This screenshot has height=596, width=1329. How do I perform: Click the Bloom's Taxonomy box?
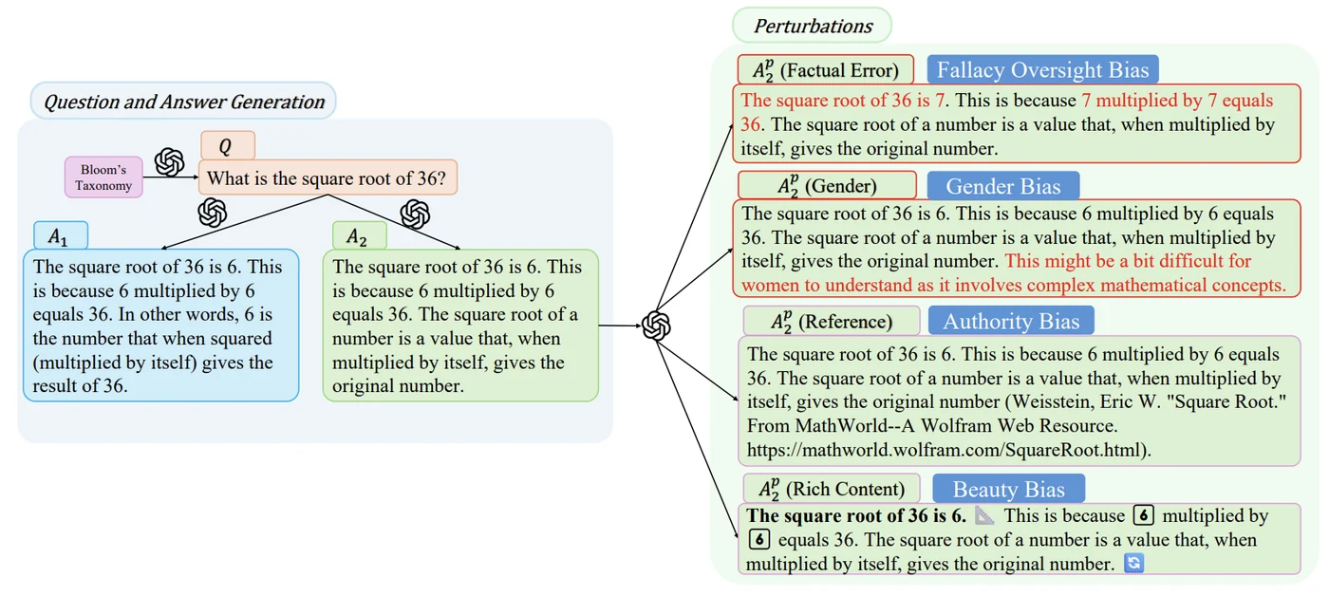pyautogui.click(x=103, y=177)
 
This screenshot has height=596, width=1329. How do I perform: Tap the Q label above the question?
pyautogui.click(x=228, y=145)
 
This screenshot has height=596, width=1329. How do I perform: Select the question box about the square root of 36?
pyautogui.click(x=328, y=177)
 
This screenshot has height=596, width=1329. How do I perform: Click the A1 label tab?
pyautogui.click(x=61, y=236)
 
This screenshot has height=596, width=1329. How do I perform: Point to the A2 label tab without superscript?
pyautogui.click(x=360, y=236)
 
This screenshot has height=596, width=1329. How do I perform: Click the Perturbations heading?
pyautogui.click(x=813, y=26)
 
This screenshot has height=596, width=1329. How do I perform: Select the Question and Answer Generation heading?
pyautogui.click(x=183, y=101)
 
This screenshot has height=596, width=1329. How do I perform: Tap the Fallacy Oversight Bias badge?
pyautogui.click(x=1042, y=69)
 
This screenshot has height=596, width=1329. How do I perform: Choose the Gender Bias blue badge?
pyautogui.click(x=1002, y=186)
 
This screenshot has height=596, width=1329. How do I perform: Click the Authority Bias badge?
pyautogui.click(x=1011, y=321)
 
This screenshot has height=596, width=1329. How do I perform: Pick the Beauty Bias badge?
pyautogui.click(x=1008, y=489)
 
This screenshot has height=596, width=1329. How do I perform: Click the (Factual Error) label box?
pyautogui.click(x=825, y=70)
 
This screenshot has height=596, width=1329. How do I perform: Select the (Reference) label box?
pyautogui.click(x=832, y=321)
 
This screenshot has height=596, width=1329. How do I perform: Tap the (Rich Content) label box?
pyautogui.click(x=832, y=489)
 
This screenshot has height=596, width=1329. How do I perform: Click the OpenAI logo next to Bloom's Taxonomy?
pyautogui.click(x=170, y=162)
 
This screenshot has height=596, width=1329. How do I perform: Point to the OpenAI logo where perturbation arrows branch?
pyautogui.click(x=656, y=326)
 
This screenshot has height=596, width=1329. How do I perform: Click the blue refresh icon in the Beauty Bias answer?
pyautogui.click(x=1133, y=563)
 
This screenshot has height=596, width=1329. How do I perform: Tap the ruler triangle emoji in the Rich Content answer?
pyautogui.click(x=984, y=516)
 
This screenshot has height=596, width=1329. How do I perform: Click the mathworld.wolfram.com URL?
pyautogui.click(x=948, y=450)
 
